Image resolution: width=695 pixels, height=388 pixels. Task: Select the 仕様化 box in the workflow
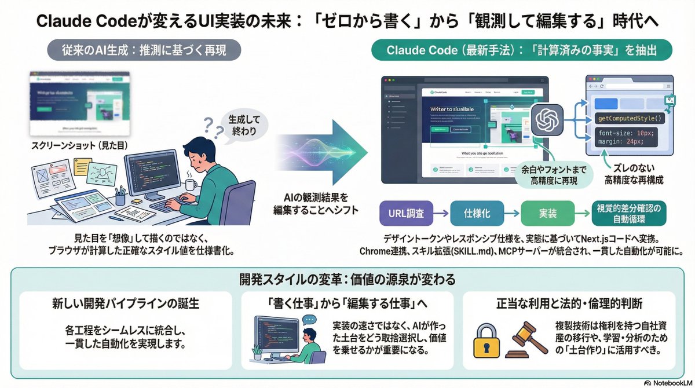click(x=477, y=214)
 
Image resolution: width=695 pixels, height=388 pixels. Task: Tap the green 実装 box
click(x=547, y=214)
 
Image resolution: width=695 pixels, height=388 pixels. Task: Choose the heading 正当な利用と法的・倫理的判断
click(x=569, y=303)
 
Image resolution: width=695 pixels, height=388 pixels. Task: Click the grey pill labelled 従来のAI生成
click(x=143, y=50)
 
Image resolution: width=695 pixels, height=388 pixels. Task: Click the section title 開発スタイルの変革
click(x=348, y=279)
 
